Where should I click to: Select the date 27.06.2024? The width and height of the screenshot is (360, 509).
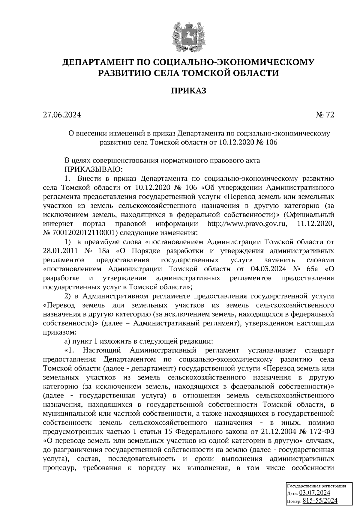point(62,115)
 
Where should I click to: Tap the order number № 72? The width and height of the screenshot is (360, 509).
point(325,115)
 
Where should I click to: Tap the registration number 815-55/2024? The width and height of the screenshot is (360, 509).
point(320,500)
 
